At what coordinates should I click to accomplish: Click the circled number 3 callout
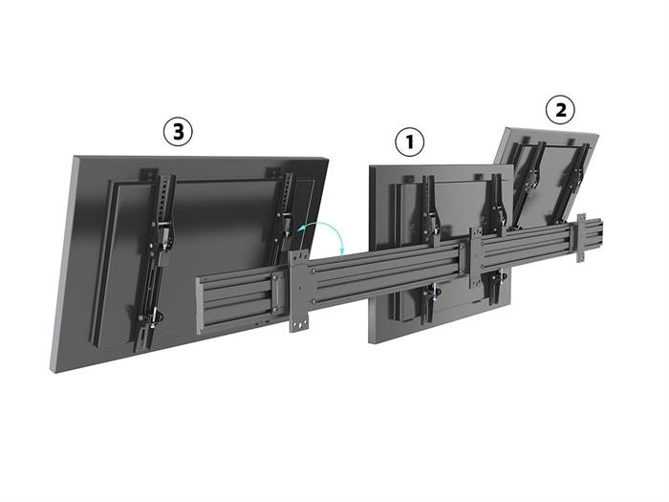(x=178, y=132)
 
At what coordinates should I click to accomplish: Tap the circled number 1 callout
(x=410, y=142)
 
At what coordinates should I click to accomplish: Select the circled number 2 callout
(x=560, y=110)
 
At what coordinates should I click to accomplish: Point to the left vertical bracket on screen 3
(x=154, y=260)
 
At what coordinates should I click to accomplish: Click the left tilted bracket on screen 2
(x=530, y=184)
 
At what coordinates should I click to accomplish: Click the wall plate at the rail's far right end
(x=580, y=238)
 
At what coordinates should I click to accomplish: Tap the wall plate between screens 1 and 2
(x=476, y=258)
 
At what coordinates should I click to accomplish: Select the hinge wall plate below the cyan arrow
(x=299, y=291)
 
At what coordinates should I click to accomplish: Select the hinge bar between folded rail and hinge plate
(x=276, y=295)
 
